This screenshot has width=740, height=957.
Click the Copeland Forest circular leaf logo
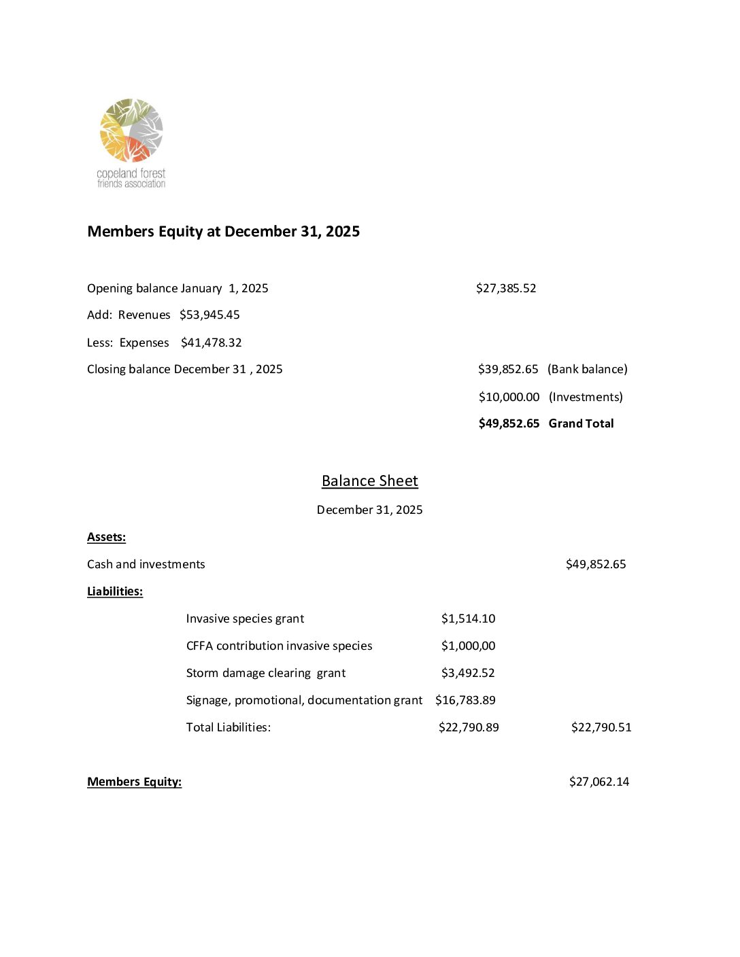[131, 130]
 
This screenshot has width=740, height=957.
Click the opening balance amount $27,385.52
[506, 288]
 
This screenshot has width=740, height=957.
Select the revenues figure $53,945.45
[209, 315]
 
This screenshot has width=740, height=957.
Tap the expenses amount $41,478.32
[211, 343]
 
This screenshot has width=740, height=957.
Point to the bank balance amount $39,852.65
[508, 369]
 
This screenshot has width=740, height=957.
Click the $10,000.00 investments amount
[509, 397]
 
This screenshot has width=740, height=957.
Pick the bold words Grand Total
[581, 423]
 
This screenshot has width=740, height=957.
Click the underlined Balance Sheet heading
[369, 481]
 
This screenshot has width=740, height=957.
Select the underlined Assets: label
[106, 537]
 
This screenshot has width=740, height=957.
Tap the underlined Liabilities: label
[115, 591]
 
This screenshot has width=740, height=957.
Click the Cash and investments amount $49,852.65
[596, 564]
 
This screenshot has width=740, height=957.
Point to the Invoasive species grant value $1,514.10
[468, 619]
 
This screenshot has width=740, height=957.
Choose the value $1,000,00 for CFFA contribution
[468, 646]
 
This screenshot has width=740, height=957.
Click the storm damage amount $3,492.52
[468, 673]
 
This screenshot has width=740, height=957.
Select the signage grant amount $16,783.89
[465, 700]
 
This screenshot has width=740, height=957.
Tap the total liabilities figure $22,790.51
[601, 727]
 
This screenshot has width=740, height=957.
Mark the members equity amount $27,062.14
[599, 782]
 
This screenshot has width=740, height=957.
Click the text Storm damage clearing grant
[266, 673]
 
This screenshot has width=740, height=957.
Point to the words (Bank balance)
[587, 369]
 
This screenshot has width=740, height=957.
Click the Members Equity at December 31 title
[223, 232]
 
